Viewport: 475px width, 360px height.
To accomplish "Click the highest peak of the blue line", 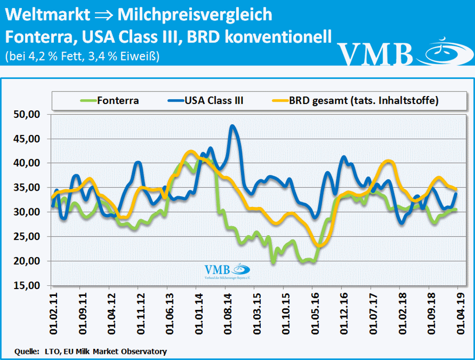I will pos(233,126).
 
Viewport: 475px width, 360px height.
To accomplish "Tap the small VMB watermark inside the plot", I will pos(227,271).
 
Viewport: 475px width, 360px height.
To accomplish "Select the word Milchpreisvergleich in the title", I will pos(195,15).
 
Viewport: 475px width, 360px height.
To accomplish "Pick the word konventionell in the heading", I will pos(278,37).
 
